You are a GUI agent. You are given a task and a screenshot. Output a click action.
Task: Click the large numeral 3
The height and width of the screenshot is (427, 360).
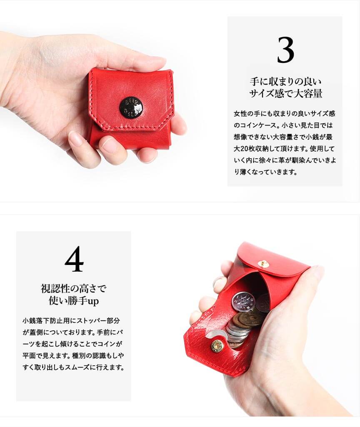[x=286, y=50]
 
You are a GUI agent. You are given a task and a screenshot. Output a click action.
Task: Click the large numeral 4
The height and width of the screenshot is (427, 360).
[x=74, y=259]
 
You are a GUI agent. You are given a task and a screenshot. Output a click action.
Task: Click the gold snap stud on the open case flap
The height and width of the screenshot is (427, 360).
[x=263, y=264]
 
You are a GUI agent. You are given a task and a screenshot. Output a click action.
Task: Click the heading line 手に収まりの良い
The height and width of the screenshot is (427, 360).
[x=286, y=81]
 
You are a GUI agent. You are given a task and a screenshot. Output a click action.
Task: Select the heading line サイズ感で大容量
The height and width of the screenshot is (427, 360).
[x=286, y=94]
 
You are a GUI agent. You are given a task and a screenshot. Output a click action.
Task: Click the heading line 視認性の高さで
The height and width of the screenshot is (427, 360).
[x=73, y=289]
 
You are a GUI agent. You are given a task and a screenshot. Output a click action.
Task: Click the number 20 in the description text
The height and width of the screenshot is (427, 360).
[x=244, y=149]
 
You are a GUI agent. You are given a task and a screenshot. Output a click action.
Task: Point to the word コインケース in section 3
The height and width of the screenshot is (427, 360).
[x=258, y=125]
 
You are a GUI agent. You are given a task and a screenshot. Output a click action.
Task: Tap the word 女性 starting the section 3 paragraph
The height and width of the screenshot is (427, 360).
[x=240, y=113]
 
